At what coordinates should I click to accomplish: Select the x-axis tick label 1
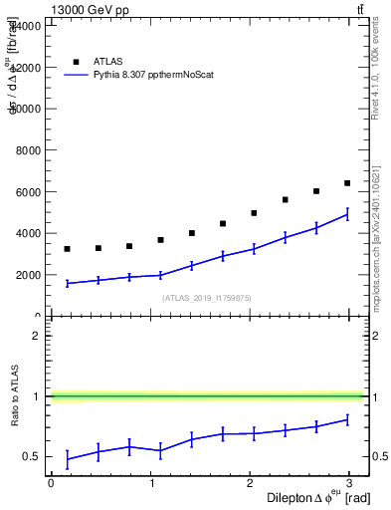[x=151, y=483]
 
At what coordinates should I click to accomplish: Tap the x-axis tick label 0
[x=51, y=483]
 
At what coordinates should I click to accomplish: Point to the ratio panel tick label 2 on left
[x=36, y=336]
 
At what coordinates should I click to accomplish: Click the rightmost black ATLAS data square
[x=347, y=183]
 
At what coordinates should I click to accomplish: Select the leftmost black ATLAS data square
[x=67, y=249]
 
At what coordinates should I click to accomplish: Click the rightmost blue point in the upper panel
[x=347, y=214]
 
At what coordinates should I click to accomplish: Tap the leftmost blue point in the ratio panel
[x=67, y=459]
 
